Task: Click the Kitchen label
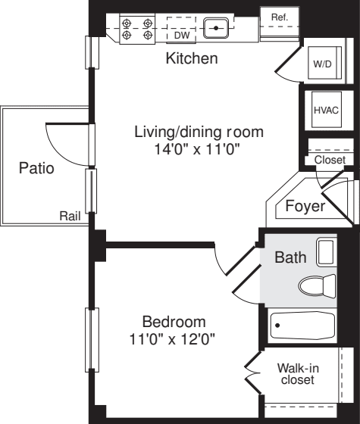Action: click(x=192, y=58)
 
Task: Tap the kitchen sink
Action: click(x=217, y=29)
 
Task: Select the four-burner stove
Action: click(x=137, y=28)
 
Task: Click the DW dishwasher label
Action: click(x=181, y=35)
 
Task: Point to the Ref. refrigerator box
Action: click(x=280, y=17)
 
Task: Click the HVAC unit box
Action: click(x=326, y=111)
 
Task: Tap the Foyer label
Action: click(x=305, y=205)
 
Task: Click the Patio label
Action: click(x=36, y=168)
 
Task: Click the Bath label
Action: click(x=290, y=257)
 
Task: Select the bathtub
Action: click(x=302, y=325)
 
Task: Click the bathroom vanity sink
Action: click(x=326, y=251)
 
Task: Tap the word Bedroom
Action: click(x=174, y=321)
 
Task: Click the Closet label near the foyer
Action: click(x=329, y=160)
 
